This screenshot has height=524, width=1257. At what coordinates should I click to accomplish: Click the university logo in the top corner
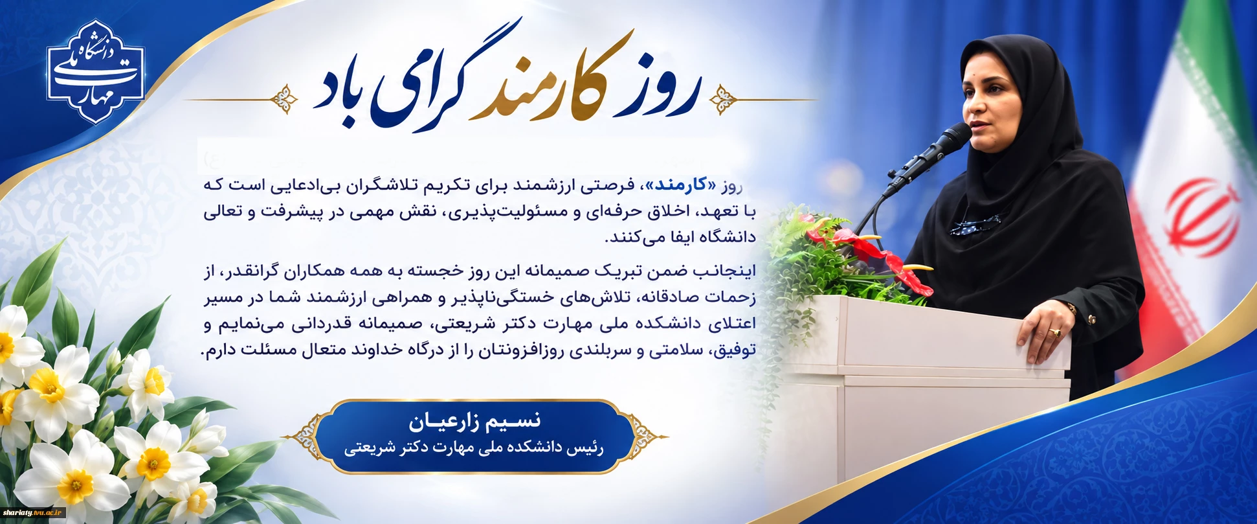[x=95, y=71]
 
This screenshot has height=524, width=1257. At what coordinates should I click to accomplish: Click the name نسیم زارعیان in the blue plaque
[x=474, y=422]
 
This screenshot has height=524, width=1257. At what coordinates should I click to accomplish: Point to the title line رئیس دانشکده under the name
[x=474, y=448]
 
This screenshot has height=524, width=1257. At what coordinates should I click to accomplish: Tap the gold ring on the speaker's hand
[x=1055, y=332]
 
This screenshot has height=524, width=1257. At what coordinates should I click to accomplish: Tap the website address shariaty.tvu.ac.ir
[x=34, y=512]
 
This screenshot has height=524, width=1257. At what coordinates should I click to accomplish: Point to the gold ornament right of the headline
[x=724, y=100]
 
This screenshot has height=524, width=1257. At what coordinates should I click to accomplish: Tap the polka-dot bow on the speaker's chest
[x=975, y=224]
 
